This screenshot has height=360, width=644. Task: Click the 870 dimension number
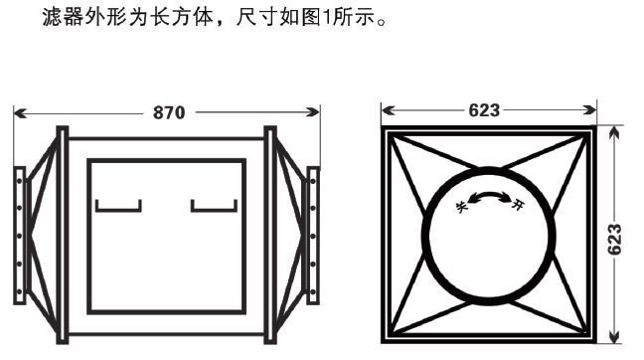(169, 112)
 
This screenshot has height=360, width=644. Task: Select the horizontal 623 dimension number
(484, 110)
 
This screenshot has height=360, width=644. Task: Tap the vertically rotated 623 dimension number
(614, 240)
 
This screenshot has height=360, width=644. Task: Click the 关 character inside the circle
(462, 207)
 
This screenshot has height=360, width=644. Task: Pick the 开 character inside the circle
(518, 204)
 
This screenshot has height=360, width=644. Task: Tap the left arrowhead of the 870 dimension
(20, 113)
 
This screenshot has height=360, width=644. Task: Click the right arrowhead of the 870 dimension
(313, 111)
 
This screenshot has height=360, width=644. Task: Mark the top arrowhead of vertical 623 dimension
(614, 132)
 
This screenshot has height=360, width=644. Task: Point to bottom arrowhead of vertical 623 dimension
(614, 336)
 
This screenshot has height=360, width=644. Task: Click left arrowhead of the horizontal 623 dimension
(389, 110)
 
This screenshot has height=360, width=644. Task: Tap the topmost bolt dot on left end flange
(19, 181)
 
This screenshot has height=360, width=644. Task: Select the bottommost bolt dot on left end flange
(19, 292)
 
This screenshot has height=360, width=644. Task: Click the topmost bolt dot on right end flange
(313, 181)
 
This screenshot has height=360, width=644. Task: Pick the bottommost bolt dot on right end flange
(313, 292)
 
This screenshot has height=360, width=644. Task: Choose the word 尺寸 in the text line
(255, 17)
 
